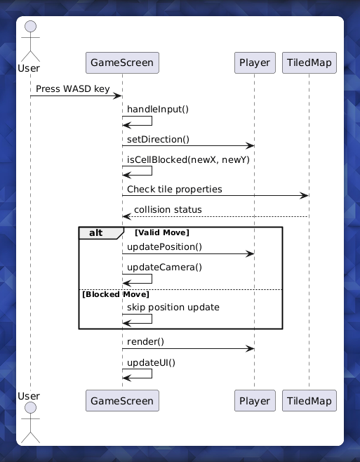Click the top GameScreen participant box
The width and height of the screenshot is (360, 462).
click(122, 62)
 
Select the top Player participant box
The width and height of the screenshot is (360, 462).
click(254, 62)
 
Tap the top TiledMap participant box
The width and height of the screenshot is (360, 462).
click(309, 62)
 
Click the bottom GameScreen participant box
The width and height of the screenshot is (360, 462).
click(122, 400)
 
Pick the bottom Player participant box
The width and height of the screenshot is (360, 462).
click(254, 400)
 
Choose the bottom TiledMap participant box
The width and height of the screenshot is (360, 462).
click(309, 400)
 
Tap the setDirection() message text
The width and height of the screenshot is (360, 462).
click(158, 139)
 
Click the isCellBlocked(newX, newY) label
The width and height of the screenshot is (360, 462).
click(188, 159)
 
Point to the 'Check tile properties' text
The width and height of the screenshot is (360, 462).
click(175, 189)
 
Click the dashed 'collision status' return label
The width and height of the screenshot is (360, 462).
click(168, 209)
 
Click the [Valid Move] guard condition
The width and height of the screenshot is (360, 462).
click(162, 232)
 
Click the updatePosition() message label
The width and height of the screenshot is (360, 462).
click(164, 246)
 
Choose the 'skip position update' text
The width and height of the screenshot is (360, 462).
click(173, 308)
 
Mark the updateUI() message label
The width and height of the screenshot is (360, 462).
click(151, 362)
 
